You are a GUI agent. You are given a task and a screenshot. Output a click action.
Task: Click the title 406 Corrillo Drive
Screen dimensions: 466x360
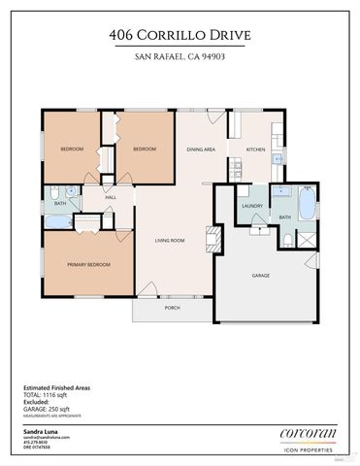click(x=180, y=36)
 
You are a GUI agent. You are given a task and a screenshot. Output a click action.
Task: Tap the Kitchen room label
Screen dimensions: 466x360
click(x=255, y=150)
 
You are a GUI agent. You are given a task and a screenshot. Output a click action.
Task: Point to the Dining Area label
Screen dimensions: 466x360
click(x=202, y=150)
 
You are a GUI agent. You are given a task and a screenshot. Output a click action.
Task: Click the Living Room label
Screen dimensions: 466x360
click(x=170, y=239)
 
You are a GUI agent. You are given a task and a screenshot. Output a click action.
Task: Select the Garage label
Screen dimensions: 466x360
click(x=261, y=276)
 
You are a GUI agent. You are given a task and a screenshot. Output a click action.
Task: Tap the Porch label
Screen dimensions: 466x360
click(x=172, y=308)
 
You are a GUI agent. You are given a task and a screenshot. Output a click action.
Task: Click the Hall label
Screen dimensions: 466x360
click(x=112, y=197)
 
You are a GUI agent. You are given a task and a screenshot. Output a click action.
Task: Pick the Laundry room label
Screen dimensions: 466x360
click(x=252, y=206)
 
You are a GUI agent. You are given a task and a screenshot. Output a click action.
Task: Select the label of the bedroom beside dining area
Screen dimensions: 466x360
click(x=145, y=149)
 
